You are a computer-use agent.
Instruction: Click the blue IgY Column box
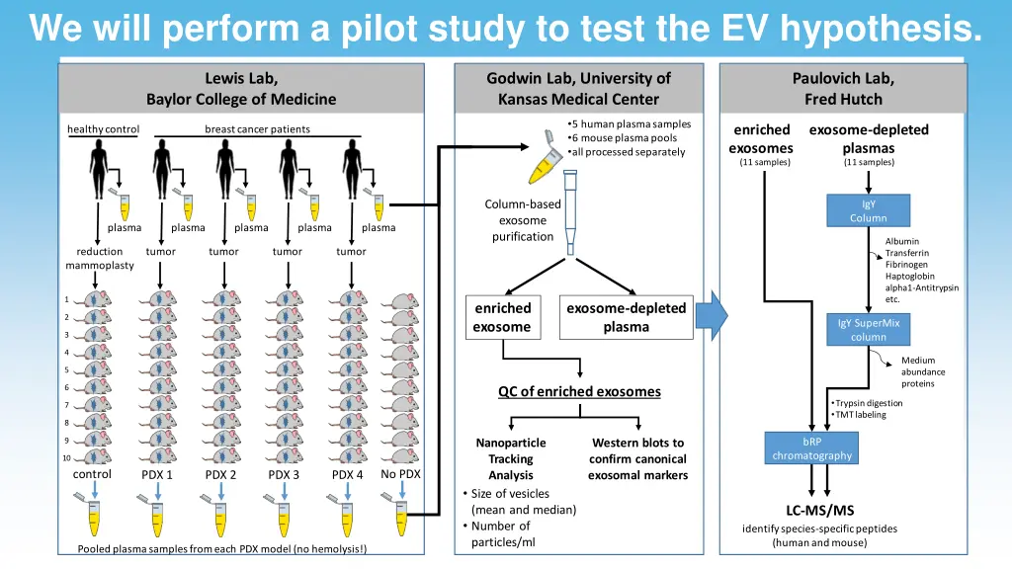[868, 210]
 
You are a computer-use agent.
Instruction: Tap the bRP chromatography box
[811, 447]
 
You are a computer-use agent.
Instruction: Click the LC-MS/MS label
[819, 511]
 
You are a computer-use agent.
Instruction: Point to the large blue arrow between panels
[712, 315]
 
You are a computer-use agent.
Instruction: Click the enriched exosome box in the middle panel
[502, 317]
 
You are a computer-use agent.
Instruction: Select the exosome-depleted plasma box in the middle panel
[626, 317]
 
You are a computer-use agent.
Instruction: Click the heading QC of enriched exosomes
[579, 391]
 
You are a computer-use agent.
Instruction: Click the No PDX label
[401, 474]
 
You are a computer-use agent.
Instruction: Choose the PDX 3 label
[284, 475]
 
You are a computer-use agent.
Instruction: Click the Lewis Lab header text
[240, 78]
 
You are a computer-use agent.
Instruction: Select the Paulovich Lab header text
[842, 78]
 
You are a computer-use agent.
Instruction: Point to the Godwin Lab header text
[578, 78]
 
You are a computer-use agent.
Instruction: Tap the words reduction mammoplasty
[100, 259]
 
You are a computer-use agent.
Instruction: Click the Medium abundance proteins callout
[922, 372]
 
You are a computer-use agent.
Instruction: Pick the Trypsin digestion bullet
[869, 403]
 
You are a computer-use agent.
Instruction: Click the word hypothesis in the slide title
[880, 28]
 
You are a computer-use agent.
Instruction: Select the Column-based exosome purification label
[522, 220]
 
